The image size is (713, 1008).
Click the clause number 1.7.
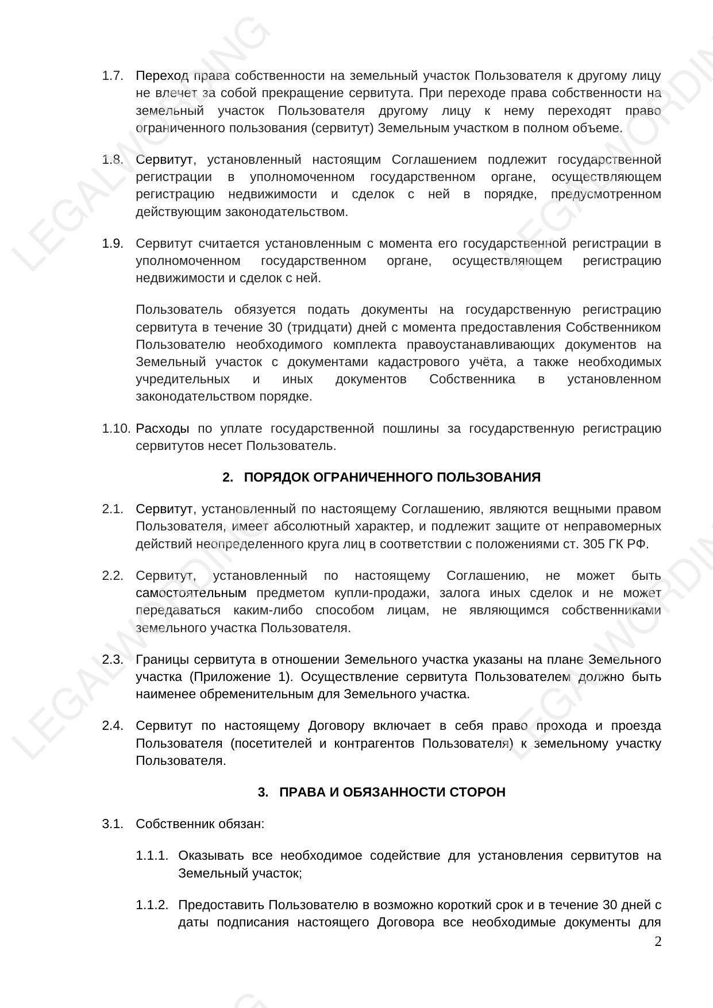[113, 76]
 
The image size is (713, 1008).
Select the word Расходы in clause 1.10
[163, 429]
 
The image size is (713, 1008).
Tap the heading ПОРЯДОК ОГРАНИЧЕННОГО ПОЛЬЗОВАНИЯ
[392, 478]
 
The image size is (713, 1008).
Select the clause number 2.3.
[113, 659]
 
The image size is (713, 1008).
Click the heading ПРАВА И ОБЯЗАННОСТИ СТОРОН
[392, 792]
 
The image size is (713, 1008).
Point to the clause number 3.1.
[113, 824]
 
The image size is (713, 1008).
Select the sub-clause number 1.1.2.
[152, 905]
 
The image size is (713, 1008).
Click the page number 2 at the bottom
[658, 942]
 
